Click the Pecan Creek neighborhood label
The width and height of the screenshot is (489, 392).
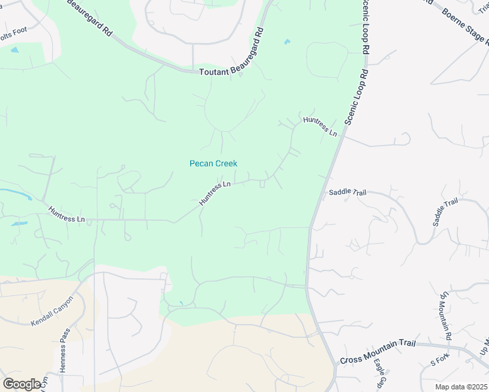click(213, 163)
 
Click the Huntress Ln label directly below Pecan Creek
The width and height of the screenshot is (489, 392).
click(215, 193)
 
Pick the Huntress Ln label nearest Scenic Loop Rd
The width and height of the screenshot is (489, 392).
click(320, 126)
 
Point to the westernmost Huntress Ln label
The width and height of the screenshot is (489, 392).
click(67, 214)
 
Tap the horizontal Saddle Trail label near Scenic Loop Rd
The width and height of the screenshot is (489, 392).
click(347, 192)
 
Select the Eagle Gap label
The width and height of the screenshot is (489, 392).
click(380, 377)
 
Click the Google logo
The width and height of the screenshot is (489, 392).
click(22, 384)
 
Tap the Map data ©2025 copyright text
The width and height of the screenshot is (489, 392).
click(460, 387)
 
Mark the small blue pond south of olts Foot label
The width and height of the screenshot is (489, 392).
click(14, 50)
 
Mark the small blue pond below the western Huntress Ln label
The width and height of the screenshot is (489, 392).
click(19, 223)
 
